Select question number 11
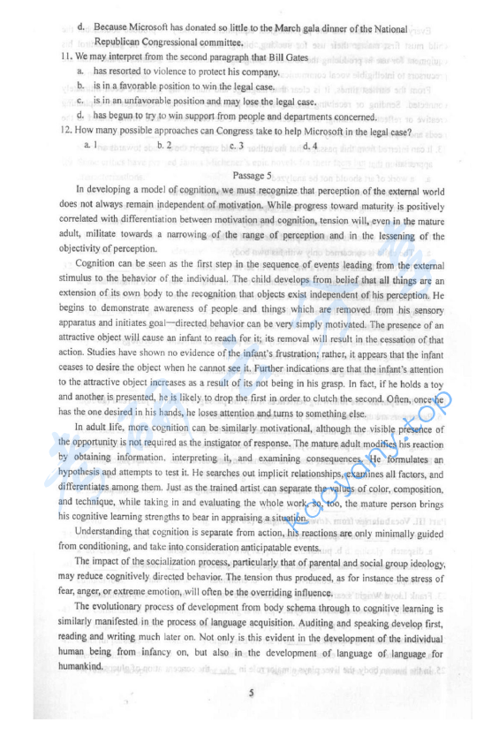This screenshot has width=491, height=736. (x=66, y=56)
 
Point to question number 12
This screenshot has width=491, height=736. (x=66, y=131)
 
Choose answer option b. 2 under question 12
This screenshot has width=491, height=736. (x=163, y=144)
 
